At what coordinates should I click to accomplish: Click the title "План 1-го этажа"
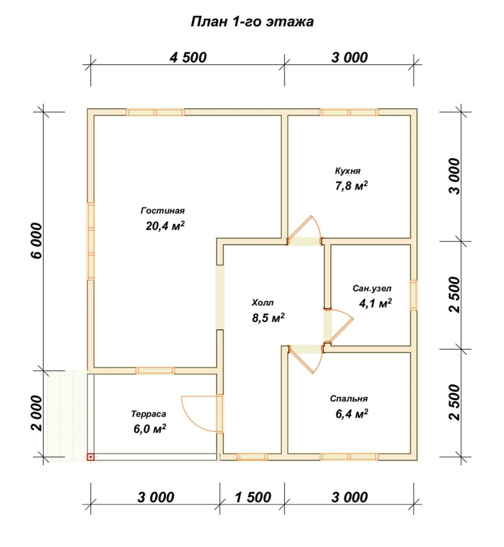(x=252, y=22)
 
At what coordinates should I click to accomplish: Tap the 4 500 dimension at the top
(x=188, y=58)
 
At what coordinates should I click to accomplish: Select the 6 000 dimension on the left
(x=36, y=240)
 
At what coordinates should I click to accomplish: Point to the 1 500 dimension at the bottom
(x=253, y=497)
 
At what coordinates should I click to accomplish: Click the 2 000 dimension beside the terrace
(x=36, y=413)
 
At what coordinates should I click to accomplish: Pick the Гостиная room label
(x=163, y=211)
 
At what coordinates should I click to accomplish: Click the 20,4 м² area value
(x=165, y=226)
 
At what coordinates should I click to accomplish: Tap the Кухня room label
(x=348, y=171)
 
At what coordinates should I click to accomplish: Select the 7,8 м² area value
(x=351, y=186)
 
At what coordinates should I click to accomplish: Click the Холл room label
(x=263, y=303)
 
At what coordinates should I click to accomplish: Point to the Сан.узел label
(x=372, y=289)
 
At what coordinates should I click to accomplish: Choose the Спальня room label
(x=349, y=398)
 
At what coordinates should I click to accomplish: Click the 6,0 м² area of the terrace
(x=150, y=428)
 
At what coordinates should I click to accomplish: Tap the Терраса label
(x=148, y=414)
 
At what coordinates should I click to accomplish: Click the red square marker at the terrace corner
(x=91, y=457)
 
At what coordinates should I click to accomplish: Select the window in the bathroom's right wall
(x=413, y=295)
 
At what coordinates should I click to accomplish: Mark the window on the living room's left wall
(x=91, y=242)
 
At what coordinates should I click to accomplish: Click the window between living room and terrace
(x=155, y=370)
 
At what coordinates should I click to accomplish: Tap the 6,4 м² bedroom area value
(x=352, y=414)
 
